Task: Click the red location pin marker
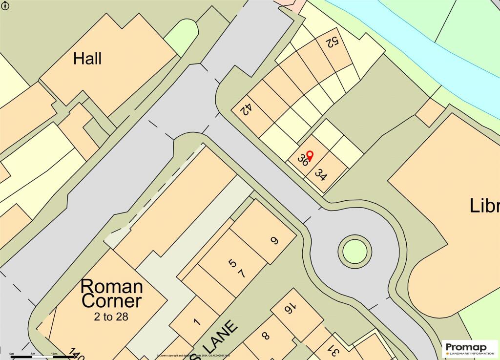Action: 309,156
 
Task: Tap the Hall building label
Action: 87,59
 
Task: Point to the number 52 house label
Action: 332,43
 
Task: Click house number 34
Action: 321,174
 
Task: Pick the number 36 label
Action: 303,161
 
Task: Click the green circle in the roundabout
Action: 354,251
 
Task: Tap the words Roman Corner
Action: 112,293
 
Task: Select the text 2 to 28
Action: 111,317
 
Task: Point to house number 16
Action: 289,309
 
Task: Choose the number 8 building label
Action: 266,336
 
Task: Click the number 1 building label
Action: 196,322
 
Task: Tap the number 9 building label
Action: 274,240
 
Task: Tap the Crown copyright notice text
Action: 193,356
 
